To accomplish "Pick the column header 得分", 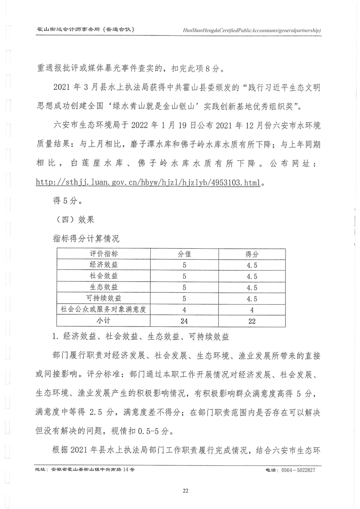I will pos(252,253).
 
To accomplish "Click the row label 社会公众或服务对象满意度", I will pos(104,310).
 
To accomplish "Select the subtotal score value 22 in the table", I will pos(252,321).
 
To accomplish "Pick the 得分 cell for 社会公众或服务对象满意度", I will pos(252,310).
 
